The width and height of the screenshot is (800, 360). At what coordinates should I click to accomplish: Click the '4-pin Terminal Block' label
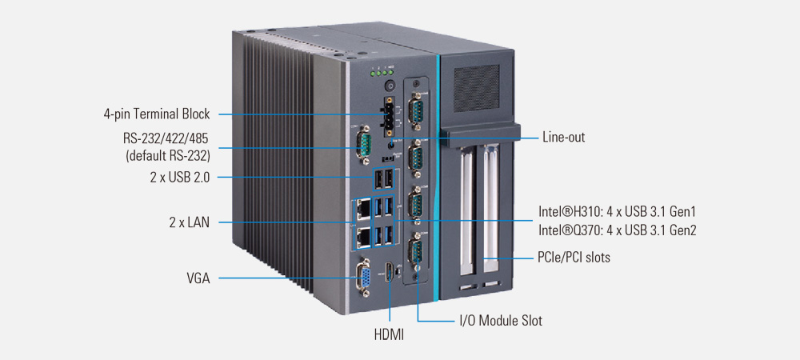(157, 114)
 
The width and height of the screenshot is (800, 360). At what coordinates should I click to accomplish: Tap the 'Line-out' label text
(563, 137)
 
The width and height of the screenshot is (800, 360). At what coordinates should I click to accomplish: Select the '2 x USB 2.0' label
(179, 178)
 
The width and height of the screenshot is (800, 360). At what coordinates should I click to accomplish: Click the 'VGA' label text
(198, 278)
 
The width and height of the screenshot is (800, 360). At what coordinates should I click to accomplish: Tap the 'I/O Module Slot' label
(500, 321)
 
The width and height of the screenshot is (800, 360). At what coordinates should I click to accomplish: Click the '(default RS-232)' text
(168, 155)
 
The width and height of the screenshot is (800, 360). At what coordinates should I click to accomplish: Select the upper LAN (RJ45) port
(362, 209)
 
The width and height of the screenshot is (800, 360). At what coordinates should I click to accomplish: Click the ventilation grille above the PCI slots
(478, 82)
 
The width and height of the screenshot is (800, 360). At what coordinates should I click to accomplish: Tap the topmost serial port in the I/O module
(416, 111)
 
